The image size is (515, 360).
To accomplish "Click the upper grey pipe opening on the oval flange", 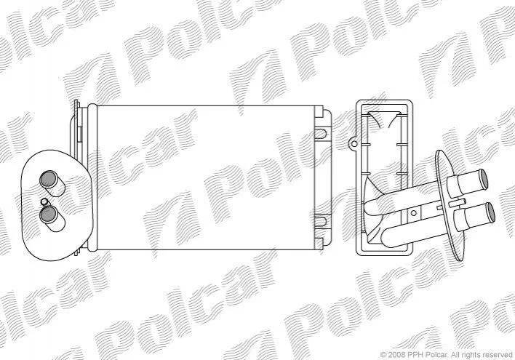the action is (x=48, y=180).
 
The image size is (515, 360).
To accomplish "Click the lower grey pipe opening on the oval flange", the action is (x=48, y=215).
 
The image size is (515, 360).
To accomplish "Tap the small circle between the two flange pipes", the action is (x=44, y=201).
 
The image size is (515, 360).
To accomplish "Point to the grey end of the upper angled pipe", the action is (x=483, y=179).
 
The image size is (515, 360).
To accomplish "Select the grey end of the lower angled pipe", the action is (x=490, y=212).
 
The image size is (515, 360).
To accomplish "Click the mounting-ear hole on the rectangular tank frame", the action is (x=354, y=143).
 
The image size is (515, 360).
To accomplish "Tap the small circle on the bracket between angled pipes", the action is (x=413, y=213).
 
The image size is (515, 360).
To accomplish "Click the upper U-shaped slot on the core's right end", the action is (x=320, y=133).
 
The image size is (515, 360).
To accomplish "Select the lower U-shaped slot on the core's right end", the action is (x=320, y=221).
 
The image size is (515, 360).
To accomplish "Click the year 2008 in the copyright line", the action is (x=397, y=355).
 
